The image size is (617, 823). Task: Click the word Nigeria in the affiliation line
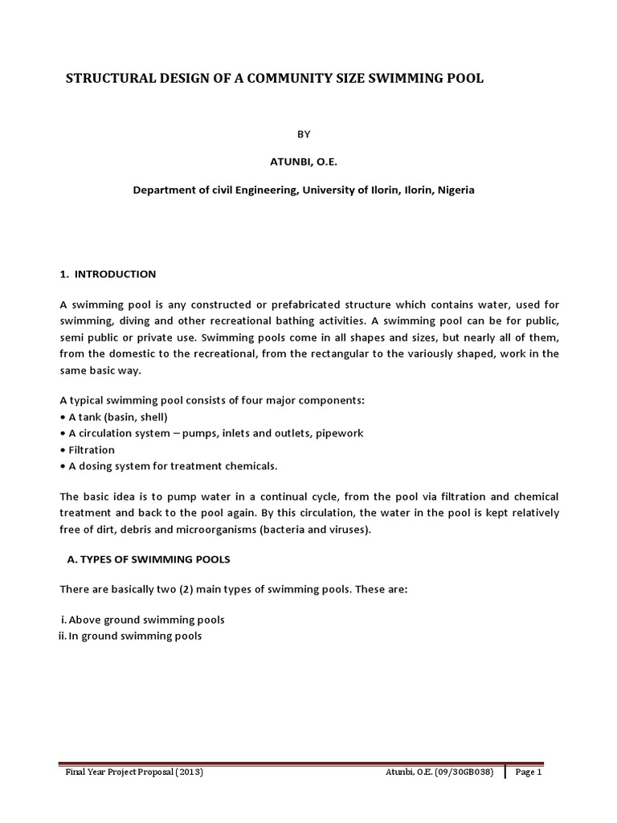(455, 190)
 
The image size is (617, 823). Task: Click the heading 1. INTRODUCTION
(108, 274)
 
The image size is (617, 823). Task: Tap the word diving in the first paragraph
(137, 321)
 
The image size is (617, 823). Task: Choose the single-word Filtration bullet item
(91, 449)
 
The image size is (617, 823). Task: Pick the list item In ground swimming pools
(135, 636)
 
